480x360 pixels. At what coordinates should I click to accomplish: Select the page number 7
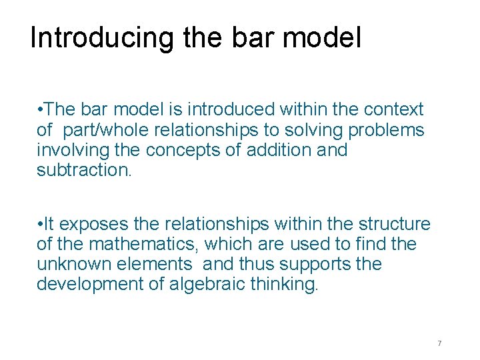439,343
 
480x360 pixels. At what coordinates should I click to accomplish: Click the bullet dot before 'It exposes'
41,225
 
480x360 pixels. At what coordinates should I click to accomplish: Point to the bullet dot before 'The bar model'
41,109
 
